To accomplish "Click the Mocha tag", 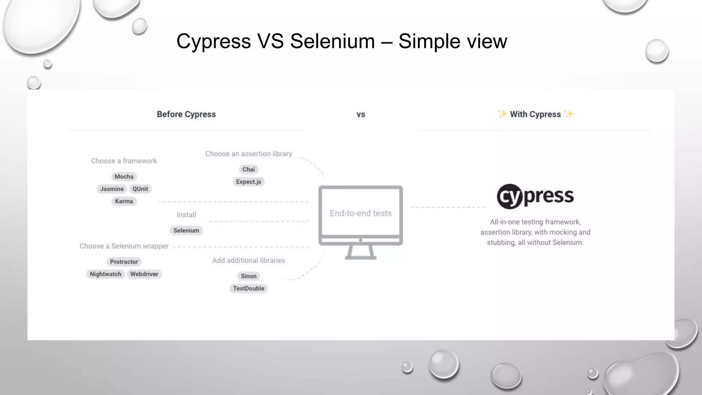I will (124, 177).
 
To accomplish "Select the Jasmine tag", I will (112, 189).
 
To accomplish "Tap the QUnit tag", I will (140, 189).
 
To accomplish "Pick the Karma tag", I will (124, 201).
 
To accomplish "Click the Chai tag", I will (249, 169).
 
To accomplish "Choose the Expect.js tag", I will (249, 182).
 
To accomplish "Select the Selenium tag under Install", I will (186, 230).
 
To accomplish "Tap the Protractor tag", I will (124, 262).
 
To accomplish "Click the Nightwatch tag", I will (106, 274).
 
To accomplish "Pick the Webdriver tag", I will (144, 274).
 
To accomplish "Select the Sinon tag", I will (249, 276).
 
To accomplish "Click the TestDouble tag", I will (249, 288).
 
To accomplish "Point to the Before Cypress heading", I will (186, 114).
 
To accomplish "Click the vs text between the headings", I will (361, 115).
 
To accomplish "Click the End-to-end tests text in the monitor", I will (361, 213).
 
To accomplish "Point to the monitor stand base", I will (360, 258).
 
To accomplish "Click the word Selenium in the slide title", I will (332, 41).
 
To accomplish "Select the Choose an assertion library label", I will (249, 154).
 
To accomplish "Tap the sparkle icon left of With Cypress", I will (502, 114).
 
